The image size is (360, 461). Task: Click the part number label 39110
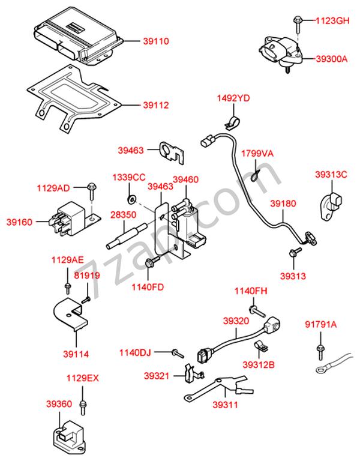156,41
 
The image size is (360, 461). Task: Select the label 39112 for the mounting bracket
156,105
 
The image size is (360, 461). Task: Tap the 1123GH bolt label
332,20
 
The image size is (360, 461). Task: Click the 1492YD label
233,98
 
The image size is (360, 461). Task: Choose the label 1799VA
257,154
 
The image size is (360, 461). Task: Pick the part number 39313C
332,175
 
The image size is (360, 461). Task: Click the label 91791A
321,325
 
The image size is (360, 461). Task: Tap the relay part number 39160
20,221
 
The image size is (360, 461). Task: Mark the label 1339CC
129,178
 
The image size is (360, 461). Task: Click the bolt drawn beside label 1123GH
298,22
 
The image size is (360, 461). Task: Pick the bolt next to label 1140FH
259,311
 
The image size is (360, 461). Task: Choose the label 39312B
259,364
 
